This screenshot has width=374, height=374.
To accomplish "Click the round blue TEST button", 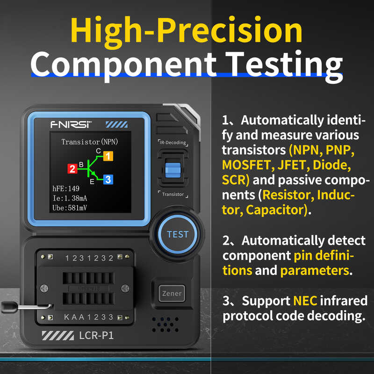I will (177, 234).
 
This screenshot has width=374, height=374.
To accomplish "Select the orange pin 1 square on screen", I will (108, 156).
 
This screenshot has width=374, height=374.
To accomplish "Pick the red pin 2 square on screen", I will (72, 168).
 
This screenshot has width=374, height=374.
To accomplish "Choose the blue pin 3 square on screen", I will (108, 179).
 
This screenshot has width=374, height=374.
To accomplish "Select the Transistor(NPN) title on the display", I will (87, 142).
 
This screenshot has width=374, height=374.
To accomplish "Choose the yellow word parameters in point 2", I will (314, 270).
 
